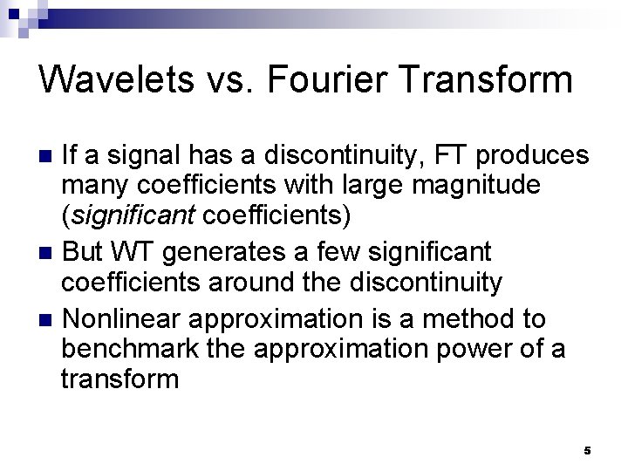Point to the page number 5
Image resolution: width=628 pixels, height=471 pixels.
[x=587, y=451]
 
